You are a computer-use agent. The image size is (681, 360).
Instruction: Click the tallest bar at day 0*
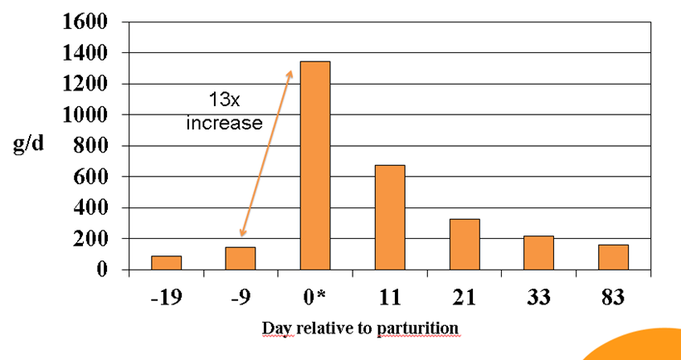point(315,166)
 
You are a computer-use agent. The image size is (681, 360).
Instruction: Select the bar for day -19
point(166,263)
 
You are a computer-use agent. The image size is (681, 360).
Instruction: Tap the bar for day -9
point(241,258)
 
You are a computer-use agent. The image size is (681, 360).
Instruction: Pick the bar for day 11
point(390,217)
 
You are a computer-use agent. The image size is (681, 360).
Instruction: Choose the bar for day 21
point(465,244)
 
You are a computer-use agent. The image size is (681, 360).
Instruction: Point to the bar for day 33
point(538,253)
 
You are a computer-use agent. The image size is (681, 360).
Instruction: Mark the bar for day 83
point(613,257)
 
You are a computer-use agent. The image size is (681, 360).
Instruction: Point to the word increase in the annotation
point(224,125)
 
